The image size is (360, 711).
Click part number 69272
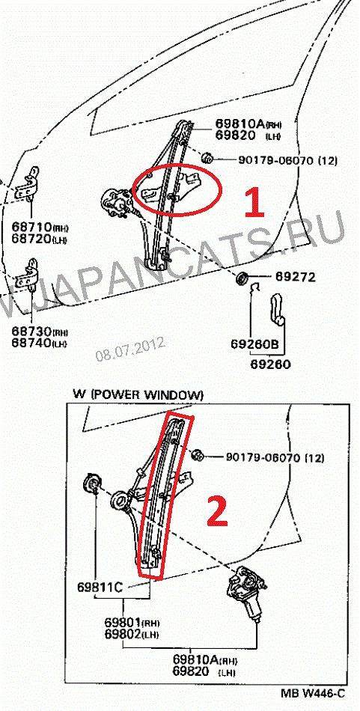tap(293, 276)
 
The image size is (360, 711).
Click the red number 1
tap(254, 202)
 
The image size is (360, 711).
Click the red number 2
tap(218, 510)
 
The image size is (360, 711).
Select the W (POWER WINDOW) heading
tap(138, 394)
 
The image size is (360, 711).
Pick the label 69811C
tap(100, 588)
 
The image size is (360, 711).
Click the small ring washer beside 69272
tap(242, 277)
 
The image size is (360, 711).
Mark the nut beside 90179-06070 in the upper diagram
tap(207, 158)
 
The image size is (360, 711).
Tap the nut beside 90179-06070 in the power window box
tap(197, 455)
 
